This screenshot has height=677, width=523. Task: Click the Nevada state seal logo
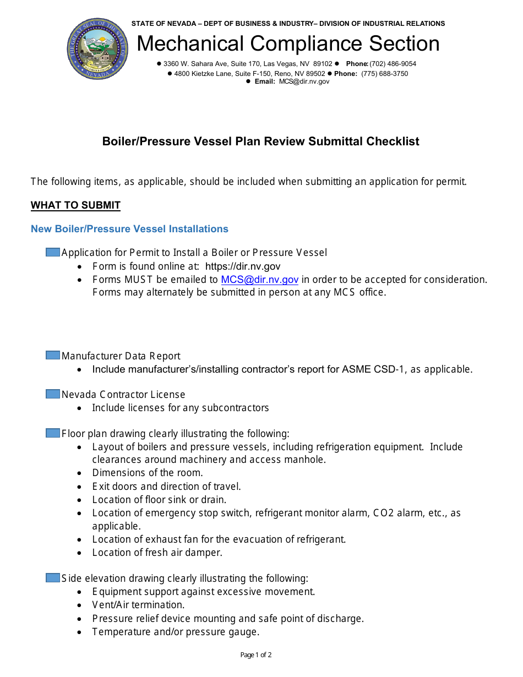[x=97, y=48]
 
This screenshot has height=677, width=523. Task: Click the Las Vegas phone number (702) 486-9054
[x=393, y=64]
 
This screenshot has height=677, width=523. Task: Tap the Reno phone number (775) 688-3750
[x=384, y=74]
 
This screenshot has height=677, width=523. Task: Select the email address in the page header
[x=304, y=81]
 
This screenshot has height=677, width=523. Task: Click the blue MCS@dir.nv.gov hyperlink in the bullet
[x=260, y=280]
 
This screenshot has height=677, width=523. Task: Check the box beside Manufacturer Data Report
[x=53, y=356]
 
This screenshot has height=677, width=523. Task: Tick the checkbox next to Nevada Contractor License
[x=53, y=394]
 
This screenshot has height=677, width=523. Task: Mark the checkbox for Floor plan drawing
[x=53, y=433]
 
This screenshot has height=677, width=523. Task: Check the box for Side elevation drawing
[x=53, y=578]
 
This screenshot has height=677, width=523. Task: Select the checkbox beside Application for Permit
[x=53, y=252]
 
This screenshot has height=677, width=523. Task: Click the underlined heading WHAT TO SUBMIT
[x=75, y=205]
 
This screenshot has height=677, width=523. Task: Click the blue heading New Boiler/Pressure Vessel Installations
[x=129, y=229]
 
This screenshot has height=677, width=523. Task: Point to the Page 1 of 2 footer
[x=256, y=655]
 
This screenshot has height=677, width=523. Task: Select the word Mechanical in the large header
[x=190, y=44]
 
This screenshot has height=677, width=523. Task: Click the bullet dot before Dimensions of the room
[x=80, y=473]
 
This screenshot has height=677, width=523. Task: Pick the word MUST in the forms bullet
[x=139, y=280]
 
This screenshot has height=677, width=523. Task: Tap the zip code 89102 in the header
[x=323, y=64]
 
